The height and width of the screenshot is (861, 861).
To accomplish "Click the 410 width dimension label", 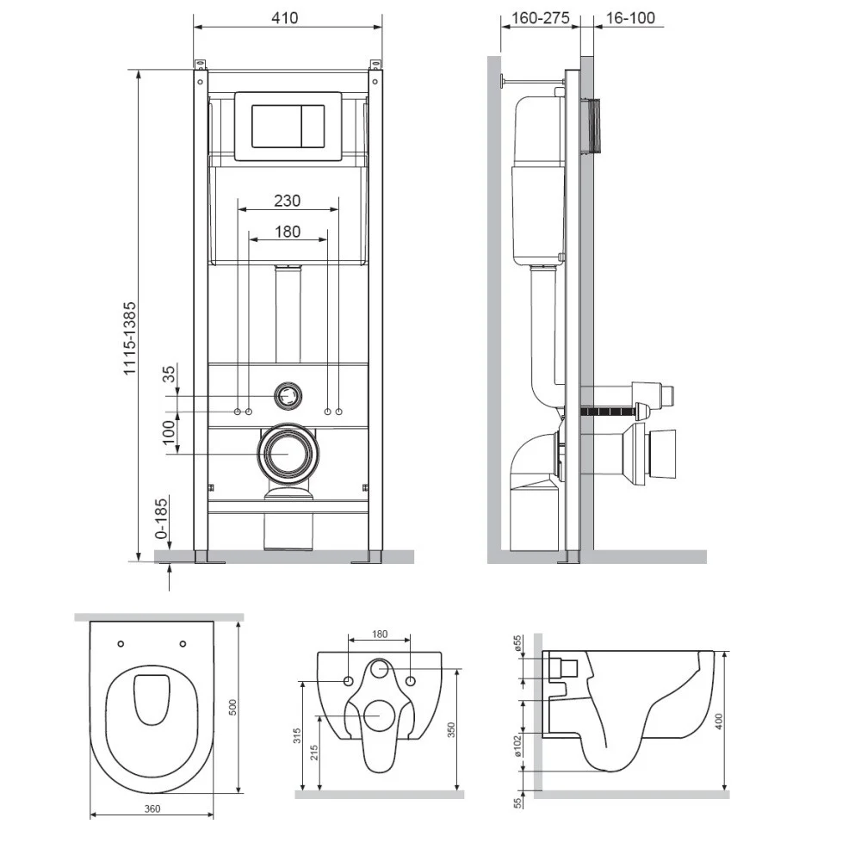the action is tap(284, 18).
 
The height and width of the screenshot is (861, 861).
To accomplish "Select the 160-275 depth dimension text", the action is tap(541, 18).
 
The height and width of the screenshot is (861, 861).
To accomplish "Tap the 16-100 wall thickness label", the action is tap(630, 18).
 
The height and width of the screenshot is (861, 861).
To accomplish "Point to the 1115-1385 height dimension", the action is tap(130, 338).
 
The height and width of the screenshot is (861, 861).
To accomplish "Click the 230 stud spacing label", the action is tap(288, 201).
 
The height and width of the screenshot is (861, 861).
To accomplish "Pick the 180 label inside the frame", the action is tap(288, 232).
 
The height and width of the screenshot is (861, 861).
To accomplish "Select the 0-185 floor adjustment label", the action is tap(162, 517).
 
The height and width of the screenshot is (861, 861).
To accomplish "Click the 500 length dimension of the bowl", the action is tap(232, 707).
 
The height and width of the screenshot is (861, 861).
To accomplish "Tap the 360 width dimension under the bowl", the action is tap(152, 808).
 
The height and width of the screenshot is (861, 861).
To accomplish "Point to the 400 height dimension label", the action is tap(719, 721).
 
